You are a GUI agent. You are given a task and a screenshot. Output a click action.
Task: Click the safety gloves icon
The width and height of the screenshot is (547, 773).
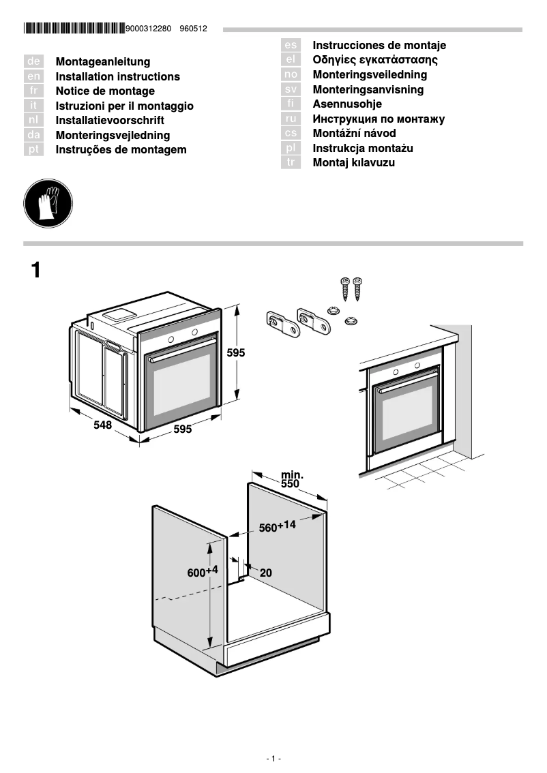[x=48, y=204]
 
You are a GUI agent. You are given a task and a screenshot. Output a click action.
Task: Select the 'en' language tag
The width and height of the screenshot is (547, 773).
[x=33, y=76]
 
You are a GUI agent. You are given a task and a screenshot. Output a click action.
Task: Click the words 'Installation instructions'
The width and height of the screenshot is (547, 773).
[x=118, y=76]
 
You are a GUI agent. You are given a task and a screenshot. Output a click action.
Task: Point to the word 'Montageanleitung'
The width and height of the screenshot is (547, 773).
[x=103, y=62]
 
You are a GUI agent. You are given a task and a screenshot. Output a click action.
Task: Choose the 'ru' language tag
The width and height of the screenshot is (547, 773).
[x=291, y=119]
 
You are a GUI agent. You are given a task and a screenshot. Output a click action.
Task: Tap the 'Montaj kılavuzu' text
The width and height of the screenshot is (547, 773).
[x=353, y=163]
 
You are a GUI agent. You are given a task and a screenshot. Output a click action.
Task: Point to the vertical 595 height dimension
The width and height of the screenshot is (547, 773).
[x=236, y=353]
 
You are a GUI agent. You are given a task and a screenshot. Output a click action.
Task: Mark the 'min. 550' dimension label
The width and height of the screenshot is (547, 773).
[x=291, y=479]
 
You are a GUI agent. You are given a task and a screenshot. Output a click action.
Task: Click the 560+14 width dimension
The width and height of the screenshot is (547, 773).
[x=277, y=526]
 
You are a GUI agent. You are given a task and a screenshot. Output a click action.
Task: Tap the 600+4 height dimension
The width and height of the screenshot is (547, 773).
[x=202, y=572]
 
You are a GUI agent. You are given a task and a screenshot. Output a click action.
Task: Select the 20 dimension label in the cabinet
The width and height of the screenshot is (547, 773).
[x=265, y=573]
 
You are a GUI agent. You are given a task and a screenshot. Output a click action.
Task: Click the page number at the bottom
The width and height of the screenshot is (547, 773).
[x=273, y=758]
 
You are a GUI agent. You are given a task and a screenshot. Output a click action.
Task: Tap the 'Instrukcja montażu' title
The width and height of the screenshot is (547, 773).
[x=363, y=148]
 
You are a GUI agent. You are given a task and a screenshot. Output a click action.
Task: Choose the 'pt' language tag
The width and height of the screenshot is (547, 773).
[x=33, y=149]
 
